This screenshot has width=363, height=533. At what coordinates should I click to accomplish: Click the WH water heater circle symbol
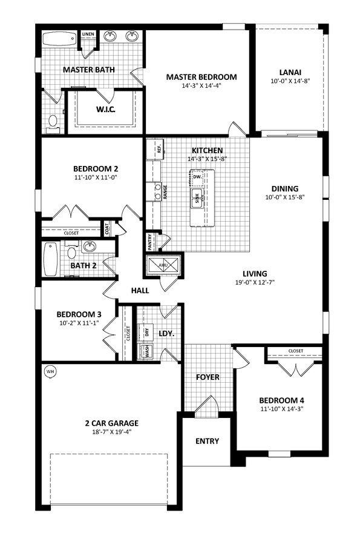pos(50,372)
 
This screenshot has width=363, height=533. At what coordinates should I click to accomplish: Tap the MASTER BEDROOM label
pos(201,77)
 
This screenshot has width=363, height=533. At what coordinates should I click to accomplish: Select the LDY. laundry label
pos(166,333)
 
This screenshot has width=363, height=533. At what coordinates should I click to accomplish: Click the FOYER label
pos(208,377)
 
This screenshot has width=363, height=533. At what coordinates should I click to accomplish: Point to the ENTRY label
pos(207,441)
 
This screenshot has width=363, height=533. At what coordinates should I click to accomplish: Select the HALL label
pos(140,291)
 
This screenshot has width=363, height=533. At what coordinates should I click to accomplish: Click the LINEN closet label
pos(88,35)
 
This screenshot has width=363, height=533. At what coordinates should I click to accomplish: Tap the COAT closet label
pos(108,229)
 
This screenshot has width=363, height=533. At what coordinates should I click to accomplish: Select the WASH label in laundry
pos(146,352)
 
